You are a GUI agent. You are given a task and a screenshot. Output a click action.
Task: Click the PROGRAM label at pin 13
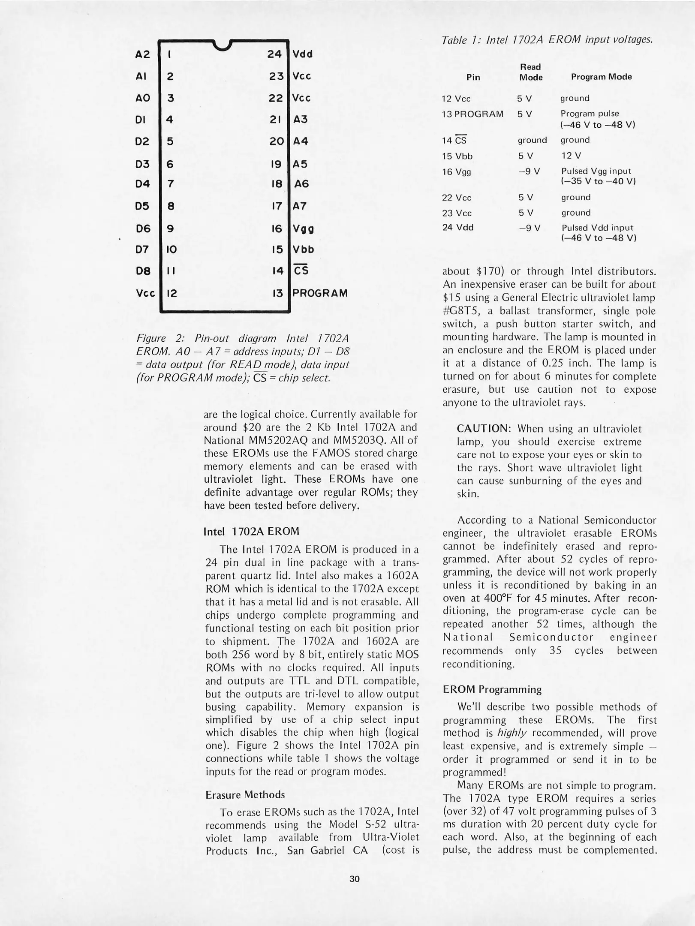click(x=320, y=293)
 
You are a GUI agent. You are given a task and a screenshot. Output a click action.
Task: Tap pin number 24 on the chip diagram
click(x=274, y=54)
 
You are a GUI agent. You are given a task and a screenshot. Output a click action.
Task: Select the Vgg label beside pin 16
click(x=304, y=229)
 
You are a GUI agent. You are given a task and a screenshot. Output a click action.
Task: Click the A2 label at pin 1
click(x=142, y=54)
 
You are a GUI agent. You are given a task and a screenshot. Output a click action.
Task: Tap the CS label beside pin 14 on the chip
click(x=301, y=271)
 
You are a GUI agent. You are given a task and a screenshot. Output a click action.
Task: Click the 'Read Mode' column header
click(x=531, y=72)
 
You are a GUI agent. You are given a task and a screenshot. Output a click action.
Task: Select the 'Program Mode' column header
click(x=601, y=77)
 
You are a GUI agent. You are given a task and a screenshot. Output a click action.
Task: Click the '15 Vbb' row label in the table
click(x=457, y=156)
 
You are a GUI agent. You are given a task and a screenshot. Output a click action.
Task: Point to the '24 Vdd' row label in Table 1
click(x=458, y=228)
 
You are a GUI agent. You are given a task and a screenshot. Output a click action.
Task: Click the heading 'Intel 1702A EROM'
click(x=251, y=531)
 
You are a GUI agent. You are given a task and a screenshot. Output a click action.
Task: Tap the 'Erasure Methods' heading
click(x=245, y=794)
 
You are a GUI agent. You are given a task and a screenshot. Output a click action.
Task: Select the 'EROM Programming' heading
click(x=492, y=689)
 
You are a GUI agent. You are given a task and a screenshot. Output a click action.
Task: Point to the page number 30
click(x=354, y=878)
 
